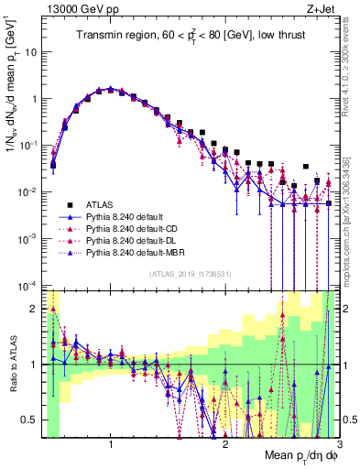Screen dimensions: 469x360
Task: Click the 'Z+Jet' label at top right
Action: (311, 9)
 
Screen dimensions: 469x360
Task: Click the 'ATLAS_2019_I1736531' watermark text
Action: (190, 275)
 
